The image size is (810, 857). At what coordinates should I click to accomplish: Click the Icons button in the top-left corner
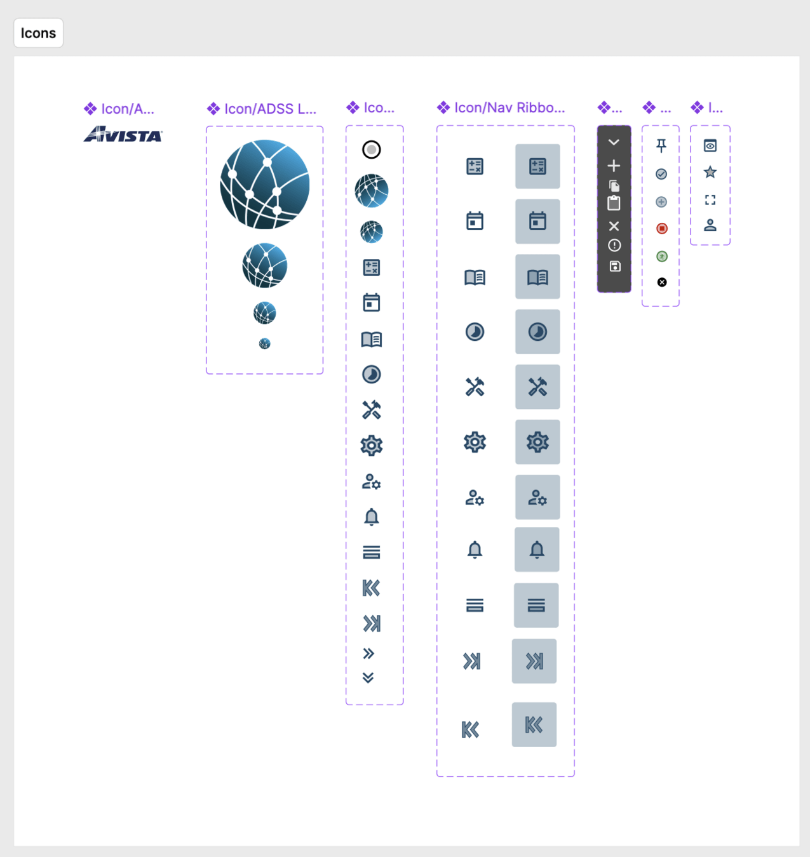(x=38, y=33)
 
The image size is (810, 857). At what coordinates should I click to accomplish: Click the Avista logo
(x=123, y=135)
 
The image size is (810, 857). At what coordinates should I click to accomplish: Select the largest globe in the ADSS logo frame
(x=265, y=184)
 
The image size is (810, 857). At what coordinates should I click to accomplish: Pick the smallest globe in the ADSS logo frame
(x=265, y=343)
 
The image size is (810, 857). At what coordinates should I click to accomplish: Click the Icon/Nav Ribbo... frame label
(x=509, y=108)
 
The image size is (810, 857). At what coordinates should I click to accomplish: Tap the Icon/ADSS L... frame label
(x=269, y=109)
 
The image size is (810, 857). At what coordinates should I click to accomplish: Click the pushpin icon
(x=661, y=146)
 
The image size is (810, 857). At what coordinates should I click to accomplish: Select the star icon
(x=710, y=172)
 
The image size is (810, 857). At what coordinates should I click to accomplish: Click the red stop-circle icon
(x=662, y=229)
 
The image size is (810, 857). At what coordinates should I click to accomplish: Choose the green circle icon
(x=662, y=256)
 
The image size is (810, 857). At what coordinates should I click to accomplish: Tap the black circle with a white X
(x=662, y=282)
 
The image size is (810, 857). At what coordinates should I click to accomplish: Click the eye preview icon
(x=710, y=146)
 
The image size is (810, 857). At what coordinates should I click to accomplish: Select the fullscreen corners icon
(x=710, y=200)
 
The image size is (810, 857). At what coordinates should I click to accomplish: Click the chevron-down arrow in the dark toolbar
(x=614, y=142)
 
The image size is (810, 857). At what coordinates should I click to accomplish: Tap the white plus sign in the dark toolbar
(x=614, y=166)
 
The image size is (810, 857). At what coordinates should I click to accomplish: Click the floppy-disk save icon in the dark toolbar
(x=614, y=267)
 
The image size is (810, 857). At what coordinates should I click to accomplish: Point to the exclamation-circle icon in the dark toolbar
(x=614, y=246)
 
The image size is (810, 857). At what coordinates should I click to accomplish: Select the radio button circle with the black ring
(x=372, y=150)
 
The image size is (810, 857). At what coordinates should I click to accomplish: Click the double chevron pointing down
(x=368, y=678)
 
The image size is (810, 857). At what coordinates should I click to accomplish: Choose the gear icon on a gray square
(x=537, y=442)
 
